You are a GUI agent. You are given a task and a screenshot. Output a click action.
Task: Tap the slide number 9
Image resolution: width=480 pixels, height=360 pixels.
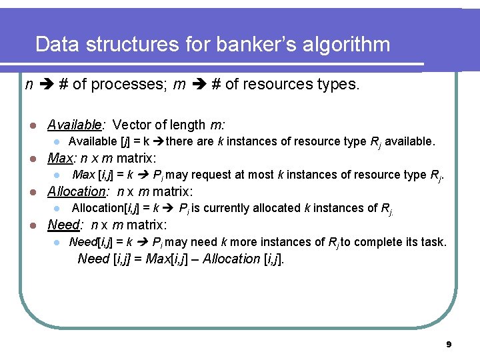coord(449,345)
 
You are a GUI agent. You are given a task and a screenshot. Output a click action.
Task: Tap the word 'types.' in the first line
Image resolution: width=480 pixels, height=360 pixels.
coord(341,85)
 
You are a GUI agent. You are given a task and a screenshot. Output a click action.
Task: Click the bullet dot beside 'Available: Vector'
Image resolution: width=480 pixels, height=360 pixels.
coord(25,125)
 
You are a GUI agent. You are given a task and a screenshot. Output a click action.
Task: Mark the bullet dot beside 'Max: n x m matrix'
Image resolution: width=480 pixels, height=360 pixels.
coord(25,159)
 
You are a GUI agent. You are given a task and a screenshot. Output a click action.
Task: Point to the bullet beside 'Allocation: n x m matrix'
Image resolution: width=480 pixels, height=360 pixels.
coord(25,192)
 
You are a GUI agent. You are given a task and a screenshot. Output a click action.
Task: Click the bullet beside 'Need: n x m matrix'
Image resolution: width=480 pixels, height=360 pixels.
coord(25,225)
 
